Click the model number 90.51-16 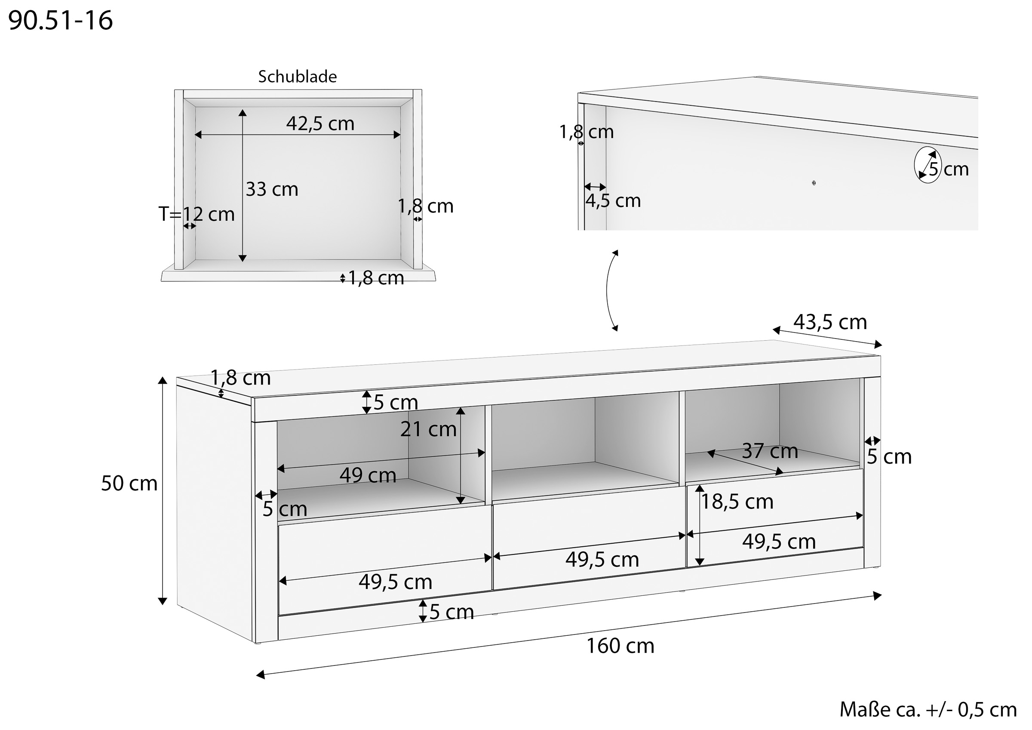coord(60,21)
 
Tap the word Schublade coord(297,77)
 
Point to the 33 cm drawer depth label coord(272,189)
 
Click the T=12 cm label coord(197,214)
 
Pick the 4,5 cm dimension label coord(613,200)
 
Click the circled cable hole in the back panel coord(928,165)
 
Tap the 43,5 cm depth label coord(830,322)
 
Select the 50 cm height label coord(129,484)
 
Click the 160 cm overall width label coord(620,646)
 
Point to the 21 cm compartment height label coord(428,429)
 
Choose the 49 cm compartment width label coord(368,475)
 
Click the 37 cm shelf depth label coord(770,451)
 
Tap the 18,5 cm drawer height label coord(737,502)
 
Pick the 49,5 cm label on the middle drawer coord(602,560)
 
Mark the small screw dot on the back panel coord(814,183)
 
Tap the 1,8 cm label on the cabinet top coord(240,378)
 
